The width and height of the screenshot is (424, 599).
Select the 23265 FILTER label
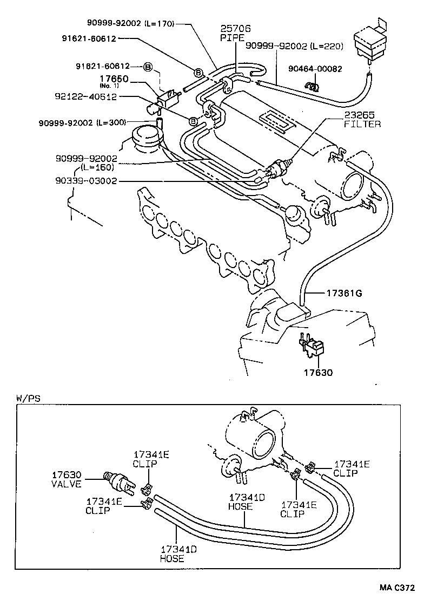362,120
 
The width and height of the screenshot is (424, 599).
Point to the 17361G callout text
343,293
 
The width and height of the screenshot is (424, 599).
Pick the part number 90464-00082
330,69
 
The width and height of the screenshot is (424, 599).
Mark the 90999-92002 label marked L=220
295,46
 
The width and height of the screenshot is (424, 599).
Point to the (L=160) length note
98,167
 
